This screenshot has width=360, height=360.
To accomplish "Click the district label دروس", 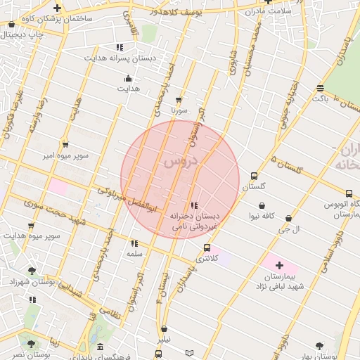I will pyautogui.click(x=181, y=161).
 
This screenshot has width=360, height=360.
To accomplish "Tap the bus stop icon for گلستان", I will pyautogui.click(x=254, y=176).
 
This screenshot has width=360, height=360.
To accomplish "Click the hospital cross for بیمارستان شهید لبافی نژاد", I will pyautogui.click(x=280, y=265).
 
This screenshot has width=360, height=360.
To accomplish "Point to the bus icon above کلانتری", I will pyautogui.click(x=206, y=247).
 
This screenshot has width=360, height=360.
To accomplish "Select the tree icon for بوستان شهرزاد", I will pyautogui.click(x=31, y=270).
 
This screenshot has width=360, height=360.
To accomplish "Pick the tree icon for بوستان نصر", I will pyautogui.click(x=30, y=344).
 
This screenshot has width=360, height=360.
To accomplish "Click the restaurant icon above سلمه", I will pyautogui.click(x=134, y=243).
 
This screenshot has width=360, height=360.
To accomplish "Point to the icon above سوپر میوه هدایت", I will pyautogui.click(x=30, y=226).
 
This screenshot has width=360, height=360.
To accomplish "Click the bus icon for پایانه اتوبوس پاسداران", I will pyautogui.click(x=349, y=193).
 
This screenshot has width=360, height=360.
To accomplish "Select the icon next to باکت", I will pyautogui.click(x=320, y=89).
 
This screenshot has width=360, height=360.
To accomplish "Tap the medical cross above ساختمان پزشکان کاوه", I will pyautogui.click(x=57, y=8).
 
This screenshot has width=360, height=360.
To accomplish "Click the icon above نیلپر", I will pyautogui.click(x=164, y=328).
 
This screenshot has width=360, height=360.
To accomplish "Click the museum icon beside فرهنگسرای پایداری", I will pyautogui.click(x=101, y=347).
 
